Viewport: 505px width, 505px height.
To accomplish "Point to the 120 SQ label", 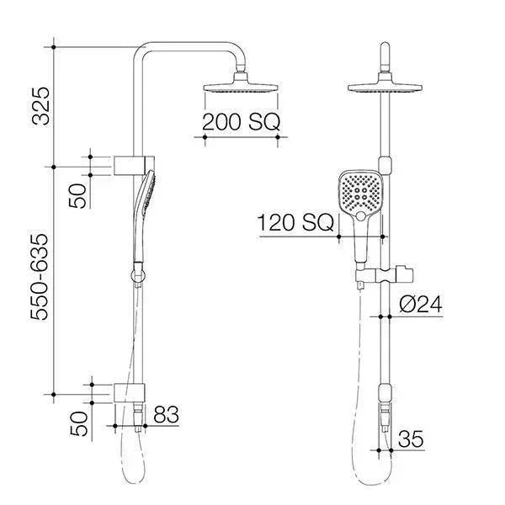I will click(x=295, y=223).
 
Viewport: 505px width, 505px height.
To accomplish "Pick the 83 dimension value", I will click(x=166, y=413).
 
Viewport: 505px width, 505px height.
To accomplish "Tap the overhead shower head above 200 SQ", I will click(x=240, y=88).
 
